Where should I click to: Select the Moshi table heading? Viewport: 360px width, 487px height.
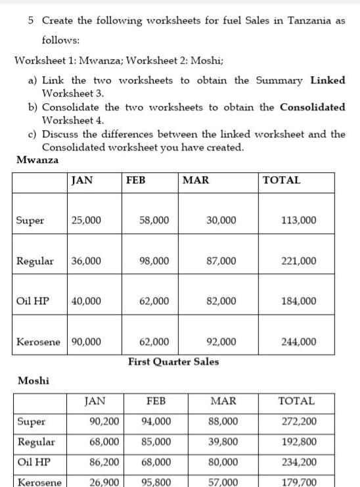(34, 381)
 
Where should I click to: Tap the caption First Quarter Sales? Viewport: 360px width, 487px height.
(173, 361)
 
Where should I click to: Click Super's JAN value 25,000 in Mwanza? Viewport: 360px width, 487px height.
(86, 220)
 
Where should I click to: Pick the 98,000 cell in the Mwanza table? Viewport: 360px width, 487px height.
(154, 261)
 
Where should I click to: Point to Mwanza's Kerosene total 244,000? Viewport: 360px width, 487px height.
(299, 342)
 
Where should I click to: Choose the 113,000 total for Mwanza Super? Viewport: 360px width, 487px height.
(299, 220)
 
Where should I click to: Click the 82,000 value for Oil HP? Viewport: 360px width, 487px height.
(221, 301)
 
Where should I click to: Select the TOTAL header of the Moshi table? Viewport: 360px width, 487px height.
(296, 401)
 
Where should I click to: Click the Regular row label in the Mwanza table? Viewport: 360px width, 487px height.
(35, 261)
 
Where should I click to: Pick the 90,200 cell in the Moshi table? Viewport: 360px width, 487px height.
(104, 421)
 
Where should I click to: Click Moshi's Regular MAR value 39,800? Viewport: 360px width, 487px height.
(223, 442)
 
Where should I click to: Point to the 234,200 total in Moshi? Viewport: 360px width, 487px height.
(298, 462)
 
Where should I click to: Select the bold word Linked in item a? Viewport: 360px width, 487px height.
(327, 80)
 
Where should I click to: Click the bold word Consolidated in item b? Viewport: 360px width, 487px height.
(312, 106)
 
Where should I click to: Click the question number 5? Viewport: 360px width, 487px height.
(32, 20)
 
